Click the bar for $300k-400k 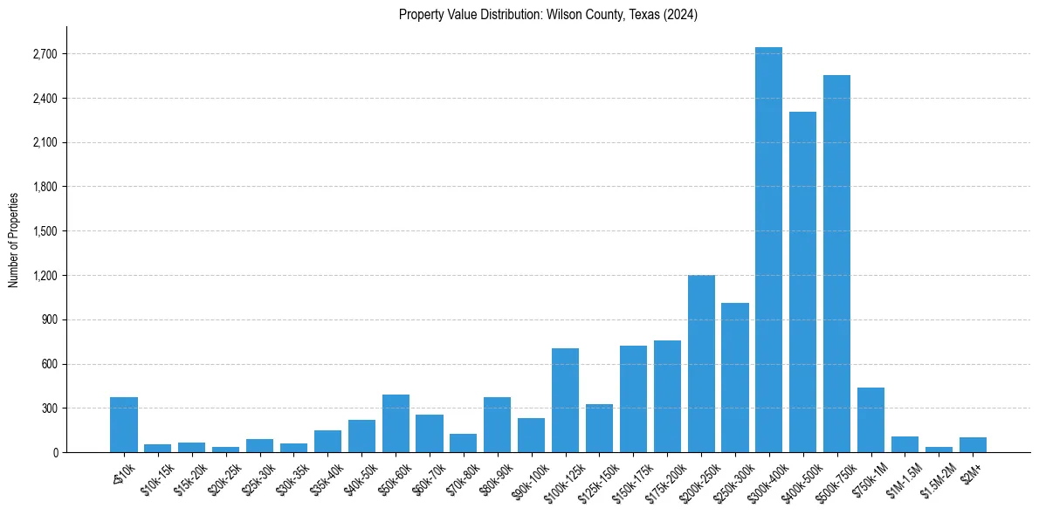tap(768, 250)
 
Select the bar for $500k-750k tap(836, 264)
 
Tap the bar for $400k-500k tap(802, 282)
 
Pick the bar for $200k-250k tap(701, 364)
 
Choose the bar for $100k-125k tap(565, 401)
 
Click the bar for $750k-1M tap(870, 420)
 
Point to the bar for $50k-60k tap(396, 423)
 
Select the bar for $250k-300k tap(735, 378)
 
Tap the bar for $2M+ tap(973, 445)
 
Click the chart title tap(547, 15)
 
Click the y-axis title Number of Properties tap(14, 239)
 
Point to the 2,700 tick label tap(44, 54)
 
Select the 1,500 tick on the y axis tap(44, 231)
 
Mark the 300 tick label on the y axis tap(49, 409)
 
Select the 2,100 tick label tap(44, 143)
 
